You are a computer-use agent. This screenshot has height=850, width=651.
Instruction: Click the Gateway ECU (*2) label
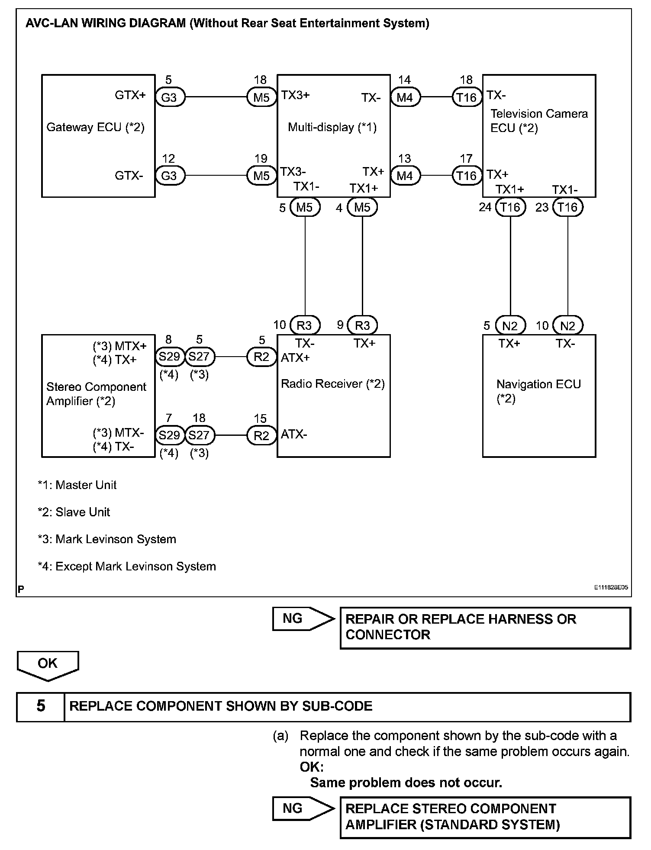pos(95,128)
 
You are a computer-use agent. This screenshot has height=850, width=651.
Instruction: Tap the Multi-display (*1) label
pos(332,128)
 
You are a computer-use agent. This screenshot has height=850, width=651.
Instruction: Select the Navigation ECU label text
pos(538,385)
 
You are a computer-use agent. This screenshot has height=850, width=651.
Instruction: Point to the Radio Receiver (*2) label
pos(333,384)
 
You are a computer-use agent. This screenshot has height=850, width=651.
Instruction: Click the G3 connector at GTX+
pos(169,97)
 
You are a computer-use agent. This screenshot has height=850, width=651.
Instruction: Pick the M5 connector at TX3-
pos(261,176)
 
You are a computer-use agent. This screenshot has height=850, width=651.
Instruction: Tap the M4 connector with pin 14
pos(405,97)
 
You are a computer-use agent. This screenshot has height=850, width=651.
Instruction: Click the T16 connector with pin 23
pos(567,207)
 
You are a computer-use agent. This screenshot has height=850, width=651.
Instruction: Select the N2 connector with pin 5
pos(510,325)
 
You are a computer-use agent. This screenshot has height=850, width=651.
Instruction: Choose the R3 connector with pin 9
pos(362,325)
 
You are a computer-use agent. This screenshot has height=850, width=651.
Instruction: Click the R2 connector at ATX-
pos(261,435)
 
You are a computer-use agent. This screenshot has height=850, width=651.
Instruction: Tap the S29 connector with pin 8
pos(169,357)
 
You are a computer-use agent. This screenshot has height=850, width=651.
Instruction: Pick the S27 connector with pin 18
pos(199,435)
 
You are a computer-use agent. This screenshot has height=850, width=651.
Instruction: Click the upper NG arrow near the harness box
pos(303,619)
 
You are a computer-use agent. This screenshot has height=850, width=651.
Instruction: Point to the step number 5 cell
pos(41,706)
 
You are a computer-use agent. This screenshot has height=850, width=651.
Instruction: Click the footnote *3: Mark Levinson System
pos(107,539)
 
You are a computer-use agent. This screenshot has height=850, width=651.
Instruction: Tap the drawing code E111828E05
pos(611,588)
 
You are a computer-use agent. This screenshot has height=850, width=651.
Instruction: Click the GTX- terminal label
pos(129,176)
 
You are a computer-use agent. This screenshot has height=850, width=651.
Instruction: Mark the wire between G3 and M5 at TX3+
pos(216,97)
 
